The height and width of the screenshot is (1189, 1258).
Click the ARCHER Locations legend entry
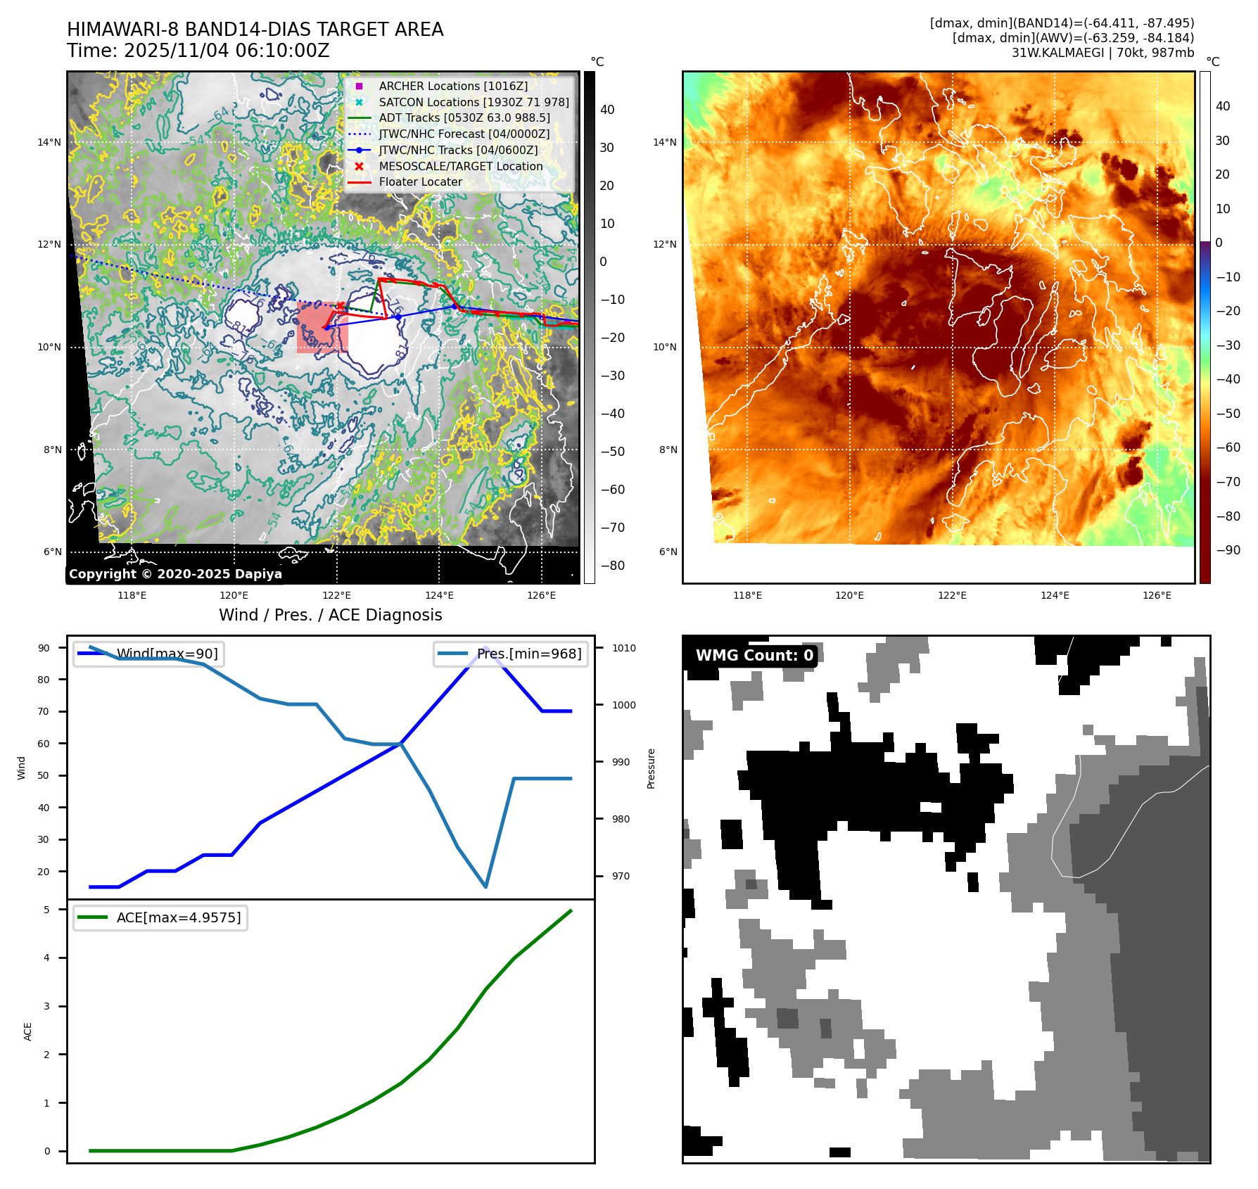pos(452,86)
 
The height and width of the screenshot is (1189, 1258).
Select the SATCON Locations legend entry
pos(474,102)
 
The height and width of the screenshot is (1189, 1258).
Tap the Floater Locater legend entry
pos(420,182)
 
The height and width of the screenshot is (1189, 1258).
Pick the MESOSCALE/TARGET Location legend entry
pos(460,166)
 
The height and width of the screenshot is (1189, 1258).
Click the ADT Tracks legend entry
pos(464,117)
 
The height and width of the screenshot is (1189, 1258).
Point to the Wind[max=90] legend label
pos(167,654)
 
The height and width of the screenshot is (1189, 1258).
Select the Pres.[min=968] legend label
pos(529,654)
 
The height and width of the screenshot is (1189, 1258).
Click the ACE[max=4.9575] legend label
pos(178,917)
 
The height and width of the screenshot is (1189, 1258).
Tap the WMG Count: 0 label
pos(754,655)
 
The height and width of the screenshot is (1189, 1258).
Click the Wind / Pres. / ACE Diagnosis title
pos(330,615)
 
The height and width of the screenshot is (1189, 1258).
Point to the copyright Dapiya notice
pos(175,574)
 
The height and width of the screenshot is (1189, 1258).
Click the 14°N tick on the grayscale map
pos(49,142)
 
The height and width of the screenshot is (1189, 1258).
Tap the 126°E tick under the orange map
pos(1157,595)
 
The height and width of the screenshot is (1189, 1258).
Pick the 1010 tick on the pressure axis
pos(623,648)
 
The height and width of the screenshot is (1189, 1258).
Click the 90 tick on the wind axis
pos(44,648)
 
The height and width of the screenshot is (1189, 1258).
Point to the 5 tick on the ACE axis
pos(47,910)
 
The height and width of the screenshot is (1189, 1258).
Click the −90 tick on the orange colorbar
pos(1228,550)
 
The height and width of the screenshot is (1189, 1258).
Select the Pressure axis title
pos(651,768)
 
